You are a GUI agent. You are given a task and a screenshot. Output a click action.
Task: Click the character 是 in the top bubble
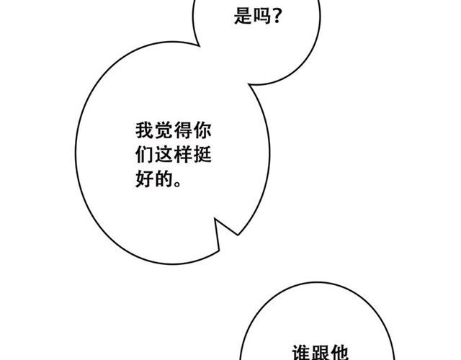click(243, 15)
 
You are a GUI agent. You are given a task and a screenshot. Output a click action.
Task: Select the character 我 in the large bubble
click(144, 130)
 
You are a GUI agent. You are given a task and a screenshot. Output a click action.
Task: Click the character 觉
click(164, 130)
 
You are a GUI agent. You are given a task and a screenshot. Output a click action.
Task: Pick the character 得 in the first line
click(183, 130)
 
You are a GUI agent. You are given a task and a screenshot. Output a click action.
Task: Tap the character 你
click(202, 130)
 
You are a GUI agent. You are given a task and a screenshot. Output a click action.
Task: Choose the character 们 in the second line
click(144, 154)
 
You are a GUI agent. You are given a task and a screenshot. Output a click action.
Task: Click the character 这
click(164, 154)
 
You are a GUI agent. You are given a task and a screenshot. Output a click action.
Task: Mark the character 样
click(183, 154)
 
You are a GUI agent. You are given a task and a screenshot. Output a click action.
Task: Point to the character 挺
click(202, 154)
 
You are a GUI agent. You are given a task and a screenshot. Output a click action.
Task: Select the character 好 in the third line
click(144, 179)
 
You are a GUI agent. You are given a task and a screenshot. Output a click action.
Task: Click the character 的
click(164, 179)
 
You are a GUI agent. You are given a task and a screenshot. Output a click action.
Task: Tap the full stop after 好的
click(178, 184)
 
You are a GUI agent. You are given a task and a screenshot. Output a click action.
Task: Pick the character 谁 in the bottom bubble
click(301, 353)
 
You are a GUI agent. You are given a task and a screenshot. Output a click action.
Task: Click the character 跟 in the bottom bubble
click(321, 353)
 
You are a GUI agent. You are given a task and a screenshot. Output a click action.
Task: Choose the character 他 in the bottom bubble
click(340, 353)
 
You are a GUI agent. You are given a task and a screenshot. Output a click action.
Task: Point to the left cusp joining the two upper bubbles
click(200, 46)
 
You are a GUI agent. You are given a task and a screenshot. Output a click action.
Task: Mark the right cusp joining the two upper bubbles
click(249, 85)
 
